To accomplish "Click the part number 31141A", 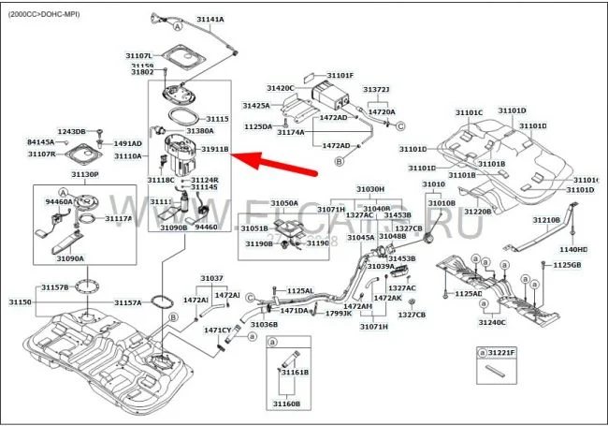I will [207, 20].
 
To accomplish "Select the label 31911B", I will [213, 149].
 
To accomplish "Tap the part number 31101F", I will [340, 75].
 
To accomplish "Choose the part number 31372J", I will [376, 90].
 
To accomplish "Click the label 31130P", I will [84, 173].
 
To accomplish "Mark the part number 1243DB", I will [72, 132].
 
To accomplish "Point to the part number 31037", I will [212, 278].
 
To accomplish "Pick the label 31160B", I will [285, 404].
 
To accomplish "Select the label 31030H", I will [371, 189].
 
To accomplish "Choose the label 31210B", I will [546, 220].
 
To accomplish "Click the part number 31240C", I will [491, 322].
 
